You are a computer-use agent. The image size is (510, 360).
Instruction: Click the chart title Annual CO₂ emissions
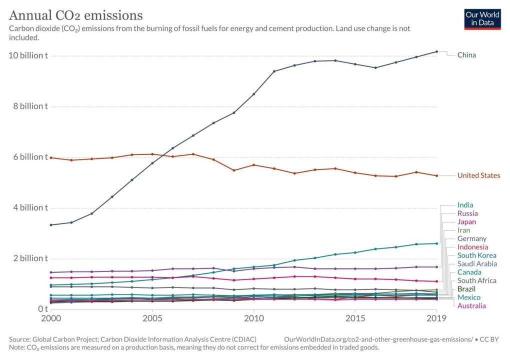[x=76, y=15]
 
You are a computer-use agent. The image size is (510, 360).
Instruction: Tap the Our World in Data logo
[x=482, y=18]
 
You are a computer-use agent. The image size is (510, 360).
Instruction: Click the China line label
[x=466, y=55]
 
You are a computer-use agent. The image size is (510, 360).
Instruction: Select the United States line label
[x=478, y=175]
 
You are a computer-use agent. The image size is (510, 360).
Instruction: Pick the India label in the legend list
[x=465, y=205]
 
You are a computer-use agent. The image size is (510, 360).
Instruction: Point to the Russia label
[x=467, y=213]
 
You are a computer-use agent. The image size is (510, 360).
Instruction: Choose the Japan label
[x=466, y=222]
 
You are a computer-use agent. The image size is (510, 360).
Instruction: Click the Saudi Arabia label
[x=476, y=264]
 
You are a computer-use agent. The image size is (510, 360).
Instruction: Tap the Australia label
[x=471, y=306]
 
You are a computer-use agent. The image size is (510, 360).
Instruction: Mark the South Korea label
[x=476, y=255]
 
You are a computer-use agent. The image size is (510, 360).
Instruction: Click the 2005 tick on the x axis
[x=152, y=318]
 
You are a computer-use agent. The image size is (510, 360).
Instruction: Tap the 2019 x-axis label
[x=436, y=318]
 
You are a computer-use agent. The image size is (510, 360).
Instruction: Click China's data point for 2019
[x=436, y=51]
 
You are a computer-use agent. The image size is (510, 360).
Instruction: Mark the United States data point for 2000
[x=50, y=157]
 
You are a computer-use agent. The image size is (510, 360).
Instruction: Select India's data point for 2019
[x=436, y=243]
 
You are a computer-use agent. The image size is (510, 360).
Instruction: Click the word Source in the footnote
[x=21, y=338]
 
